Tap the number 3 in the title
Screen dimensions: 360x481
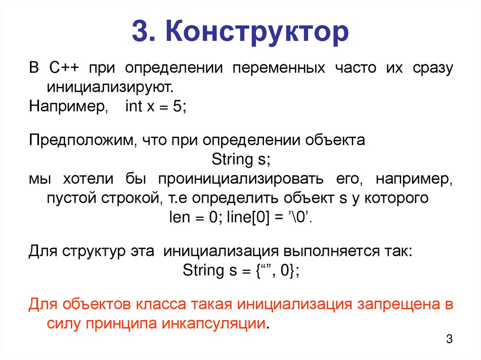(141, 32)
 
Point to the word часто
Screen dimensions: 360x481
(356, 69)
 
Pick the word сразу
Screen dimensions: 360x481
(433, 69)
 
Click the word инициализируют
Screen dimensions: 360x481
(109, 87)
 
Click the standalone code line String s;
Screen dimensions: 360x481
(240, 160)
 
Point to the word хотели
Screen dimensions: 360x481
(89, 179)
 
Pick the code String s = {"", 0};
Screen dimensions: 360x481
(240, 270)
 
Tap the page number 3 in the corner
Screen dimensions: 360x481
(449, 339)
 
